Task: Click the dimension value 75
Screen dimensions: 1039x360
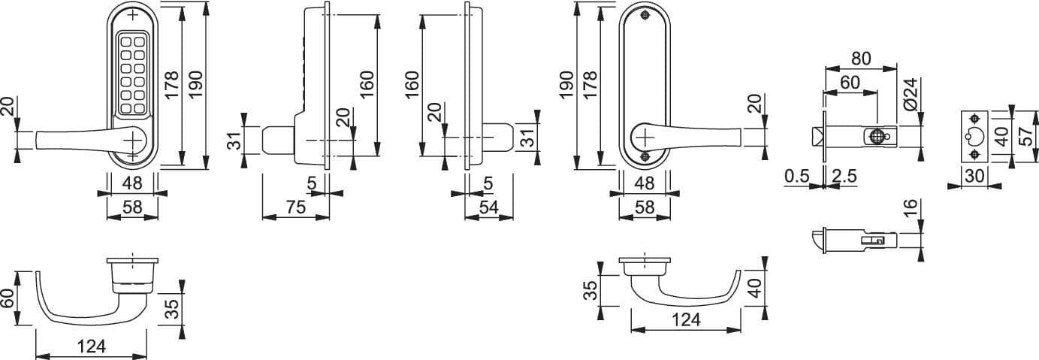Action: point(296,207)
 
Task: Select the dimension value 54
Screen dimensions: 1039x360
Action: point(488,207)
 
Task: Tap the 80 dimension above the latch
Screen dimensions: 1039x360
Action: point(861,59)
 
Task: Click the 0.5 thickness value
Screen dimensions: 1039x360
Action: point(797,177)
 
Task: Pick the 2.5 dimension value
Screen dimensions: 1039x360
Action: point(844,177)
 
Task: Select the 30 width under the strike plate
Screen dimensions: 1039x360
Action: point(974,177)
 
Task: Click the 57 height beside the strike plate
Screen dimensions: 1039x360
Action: point(1028,136)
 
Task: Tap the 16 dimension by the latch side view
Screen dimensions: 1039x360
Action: point(911,207)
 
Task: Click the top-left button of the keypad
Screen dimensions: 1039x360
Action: point(126,42)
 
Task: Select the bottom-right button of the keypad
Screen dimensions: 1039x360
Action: point(139,109)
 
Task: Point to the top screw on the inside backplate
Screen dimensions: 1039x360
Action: point(645,16)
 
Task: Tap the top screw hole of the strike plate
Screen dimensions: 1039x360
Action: point(974,119)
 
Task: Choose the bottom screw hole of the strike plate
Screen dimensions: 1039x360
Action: point(974,155)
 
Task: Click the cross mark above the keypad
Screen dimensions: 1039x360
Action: point(133,16)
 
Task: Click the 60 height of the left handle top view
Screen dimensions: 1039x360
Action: point(8,298)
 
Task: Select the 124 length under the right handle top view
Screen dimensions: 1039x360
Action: point(686,319)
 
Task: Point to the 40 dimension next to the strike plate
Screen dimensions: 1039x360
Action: point(1003,136)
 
